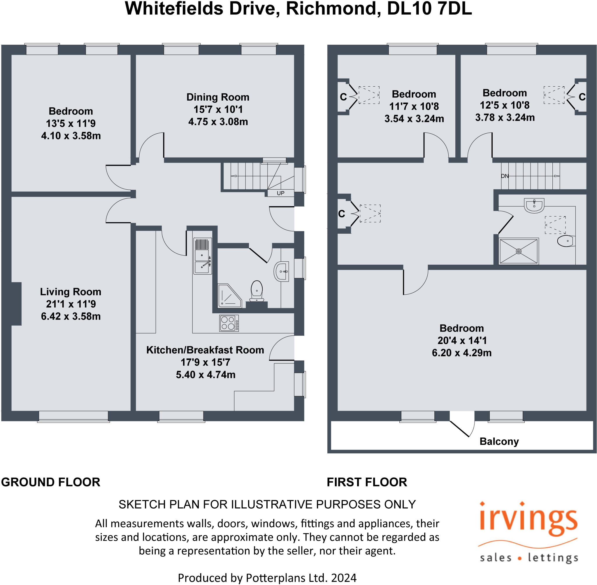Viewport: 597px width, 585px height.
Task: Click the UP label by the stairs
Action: click(280, 193)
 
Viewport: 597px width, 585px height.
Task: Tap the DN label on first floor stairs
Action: click(505, 176)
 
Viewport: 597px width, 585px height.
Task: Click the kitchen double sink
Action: click(202, 256)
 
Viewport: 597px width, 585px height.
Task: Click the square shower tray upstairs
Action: click(518, 251)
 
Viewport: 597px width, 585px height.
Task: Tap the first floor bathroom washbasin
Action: click(534, 205)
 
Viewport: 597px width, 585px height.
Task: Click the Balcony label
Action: click(499, 441)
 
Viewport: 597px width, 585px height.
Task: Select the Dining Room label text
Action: click(218, 97)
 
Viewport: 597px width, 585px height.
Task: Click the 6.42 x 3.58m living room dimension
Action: click(71, 316)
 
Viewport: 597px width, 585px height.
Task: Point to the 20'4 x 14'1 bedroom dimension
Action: click(462, 340)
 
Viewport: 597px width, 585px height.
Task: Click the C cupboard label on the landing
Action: click(342, 214)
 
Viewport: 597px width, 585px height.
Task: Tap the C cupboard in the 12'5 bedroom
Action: click(582, 97)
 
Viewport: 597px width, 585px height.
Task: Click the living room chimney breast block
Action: click(16, 303)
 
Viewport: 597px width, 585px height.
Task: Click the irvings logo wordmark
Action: click(528, 521)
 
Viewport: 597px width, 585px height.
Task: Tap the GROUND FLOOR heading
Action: click(51, 482)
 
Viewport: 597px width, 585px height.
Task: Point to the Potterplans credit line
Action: click(267, 578)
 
